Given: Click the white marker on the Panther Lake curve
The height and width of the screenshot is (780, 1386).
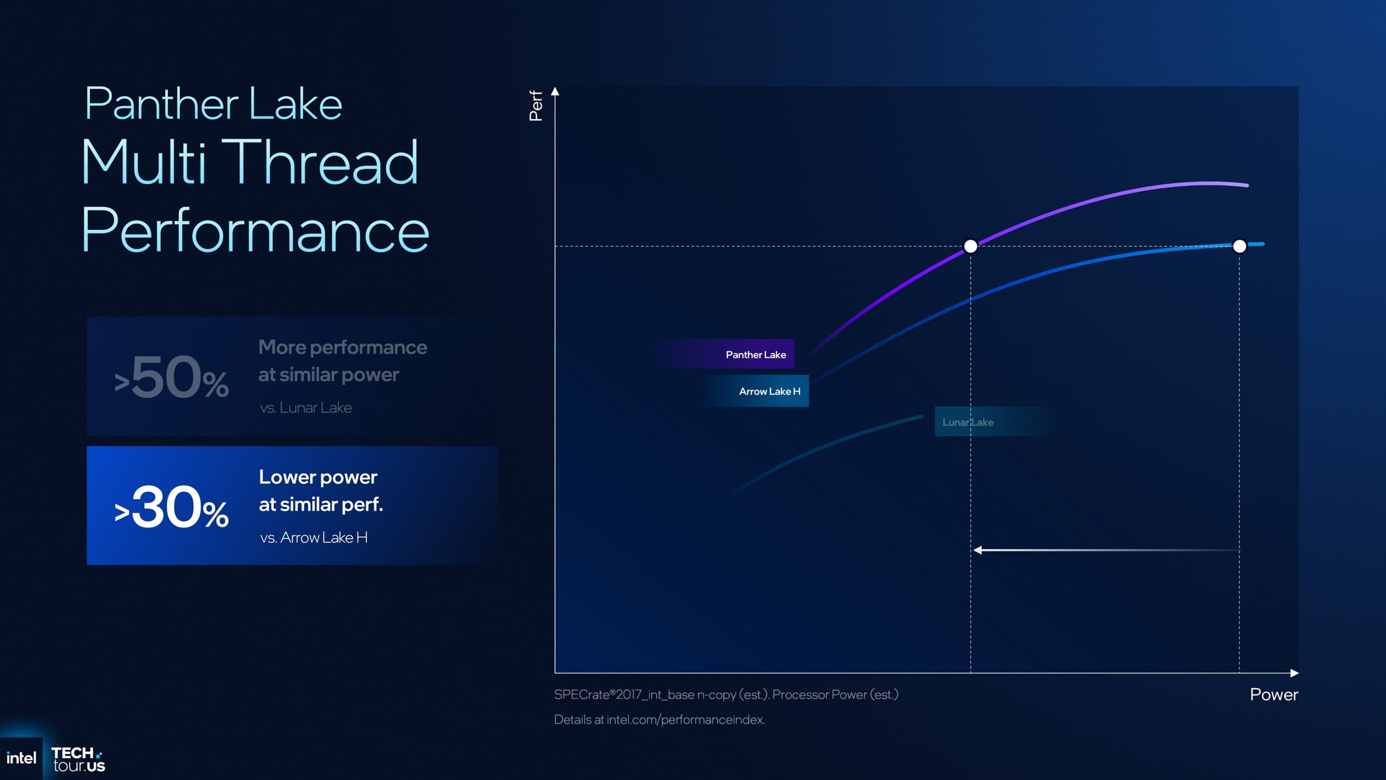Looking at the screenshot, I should [970, 246].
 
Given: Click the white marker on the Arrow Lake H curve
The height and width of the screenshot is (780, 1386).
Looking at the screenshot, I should [1239, 246].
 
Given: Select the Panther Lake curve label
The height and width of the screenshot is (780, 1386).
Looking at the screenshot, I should [755, 354].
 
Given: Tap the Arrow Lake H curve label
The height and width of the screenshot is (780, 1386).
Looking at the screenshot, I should [769, 391].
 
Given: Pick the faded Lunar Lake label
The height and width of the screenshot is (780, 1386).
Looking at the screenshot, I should [967, 422].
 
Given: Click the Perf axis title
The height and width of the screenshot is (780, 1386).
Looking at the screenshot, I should [536, 105].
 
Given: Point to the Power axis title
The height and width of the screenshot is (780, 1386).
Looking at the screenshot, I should [1273, 694].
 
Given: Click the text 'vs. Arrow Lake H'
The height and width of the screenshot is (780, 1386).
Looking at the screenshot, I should [314, 537].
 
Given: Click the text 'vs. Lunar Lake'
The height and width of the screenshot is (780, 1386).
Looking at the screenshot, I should [306, 407].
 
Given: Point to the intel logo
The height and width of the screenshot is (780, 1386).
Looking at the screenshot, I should [21, 759].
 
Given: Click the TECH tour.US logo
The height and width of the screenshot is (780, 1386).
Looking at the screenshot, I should [78, 759].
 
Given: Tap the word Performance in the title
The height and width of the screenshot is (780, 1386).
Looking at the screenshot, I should [255, 231].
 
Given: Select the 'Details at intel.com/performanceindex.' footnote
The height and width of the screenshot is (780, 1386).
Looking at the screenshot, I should [659, 719].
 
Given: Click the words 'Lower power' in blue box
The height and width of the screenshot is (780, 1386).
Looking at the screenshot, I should [318, 477].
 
